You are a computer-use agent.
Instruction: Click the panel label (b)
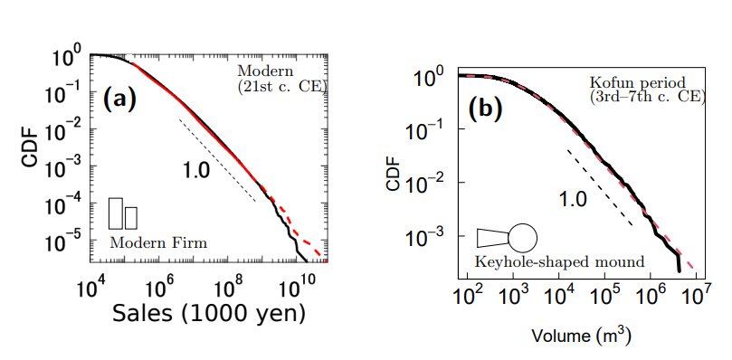tap(484, 111)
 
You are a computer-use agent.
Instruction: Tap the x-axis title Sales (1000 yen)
tap(209, 314)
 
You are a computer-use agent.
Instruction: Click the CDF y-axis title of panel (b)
tap(394, 174)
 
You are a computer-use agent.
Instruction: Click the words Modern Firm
tap(158, 242)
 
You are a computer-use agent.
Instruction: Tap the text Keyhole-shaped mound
tap(559, 261)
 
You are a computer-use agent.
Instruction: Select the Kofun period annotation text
tap(647, 90)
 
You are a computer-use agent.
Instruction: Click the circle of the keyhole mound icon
tap(522, 238)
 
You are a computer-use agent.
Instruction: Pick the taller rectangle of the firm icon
tap(116, 213)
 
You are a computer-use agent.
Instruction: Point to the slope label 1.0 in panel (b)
tap(573, 200)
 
